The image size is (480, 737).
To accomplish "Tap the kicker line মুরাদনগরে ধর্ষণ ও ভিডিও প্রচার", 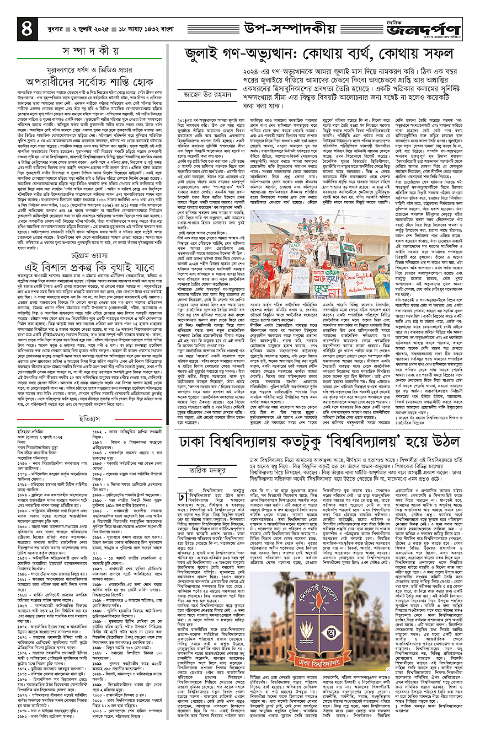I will click(x=90, y=58).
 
